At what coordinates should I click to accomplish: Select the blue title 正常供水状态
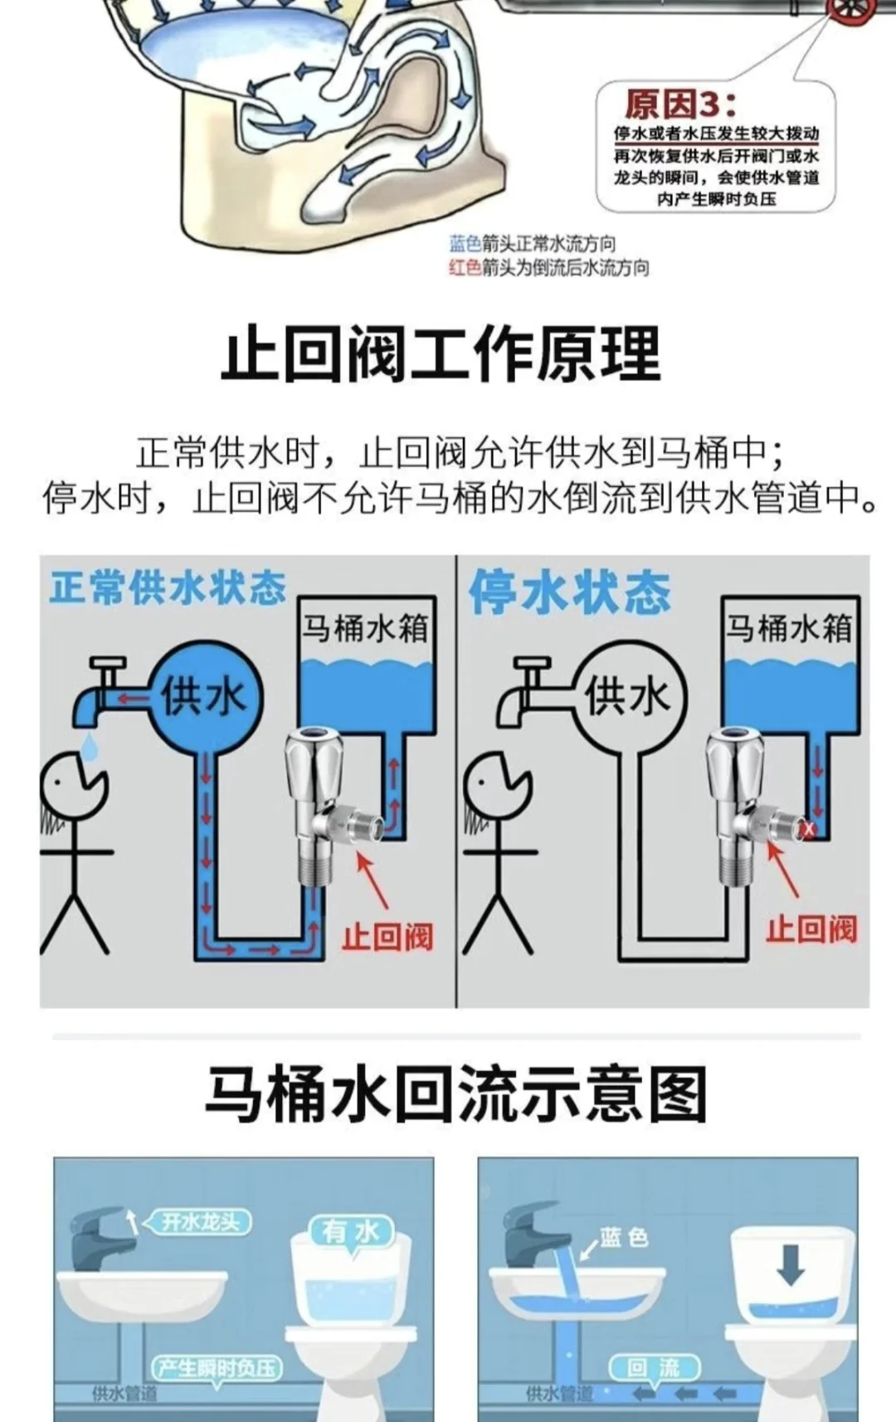pyautogui.click(x=167, y=588)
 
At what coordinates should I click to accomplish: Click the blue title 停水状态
pyautogui.click(x=569, y=592)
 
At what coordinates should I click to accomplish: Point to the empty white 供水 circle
pyautogui.click(x=628, y=695)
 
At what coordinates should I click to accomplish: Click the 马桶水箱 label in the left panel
pyautogui.click(x=365, y=627)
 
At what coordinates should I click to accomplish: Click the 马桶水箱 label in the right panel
pyautogui.click(x=788, y=627)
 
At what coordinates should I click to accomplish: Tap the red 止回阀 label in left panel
pyautogui.click(x=387, y=937)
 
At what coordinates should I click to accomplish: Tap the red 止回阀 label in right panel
pyautogui.click(x=811, y=929)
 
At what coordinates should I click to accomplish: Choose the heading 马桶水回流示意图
pyautogui.click(x=455, y=1094)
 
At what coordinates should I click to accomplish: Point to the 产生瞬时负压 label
pyautogui.click(x=217, y=1367)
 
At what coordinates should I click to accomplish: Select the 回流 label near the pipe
pyautogui.click(x=654, y=1367)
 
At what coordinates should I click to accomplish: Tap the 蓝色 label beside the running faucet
pyautogui.click(x=624, y=1238)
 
